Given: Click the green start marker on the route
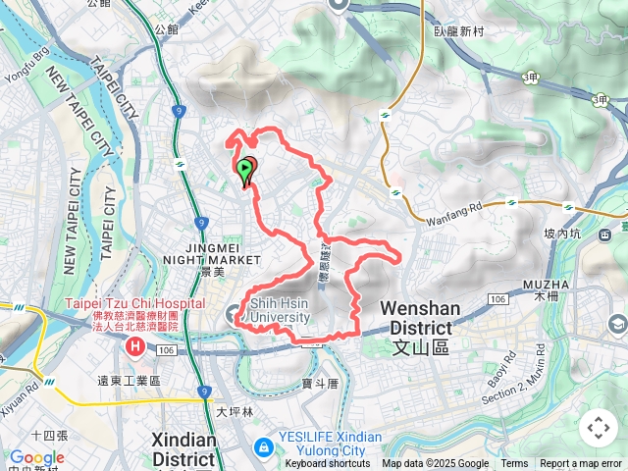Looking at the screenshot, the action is pos(243,169).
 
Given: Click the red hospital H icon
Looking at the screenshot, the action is pos(134,347).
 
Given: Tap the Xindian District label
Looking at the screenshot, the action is pos(183,449).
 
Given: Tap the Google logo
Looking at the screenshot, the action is pos(36,457).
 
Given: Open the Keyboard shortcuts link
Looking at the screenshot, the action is pos(328,464).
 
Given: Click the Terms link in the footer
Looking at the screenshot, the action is pos(514,464).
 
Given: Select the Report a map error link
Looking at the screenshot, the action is pos(581,464).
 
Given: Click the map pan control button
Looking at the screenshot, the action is pos(598,428).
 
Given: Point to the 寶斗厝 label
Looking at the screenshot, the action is pos(320,384).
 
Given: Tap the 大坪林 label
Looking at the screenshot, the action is pos(235,412).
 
